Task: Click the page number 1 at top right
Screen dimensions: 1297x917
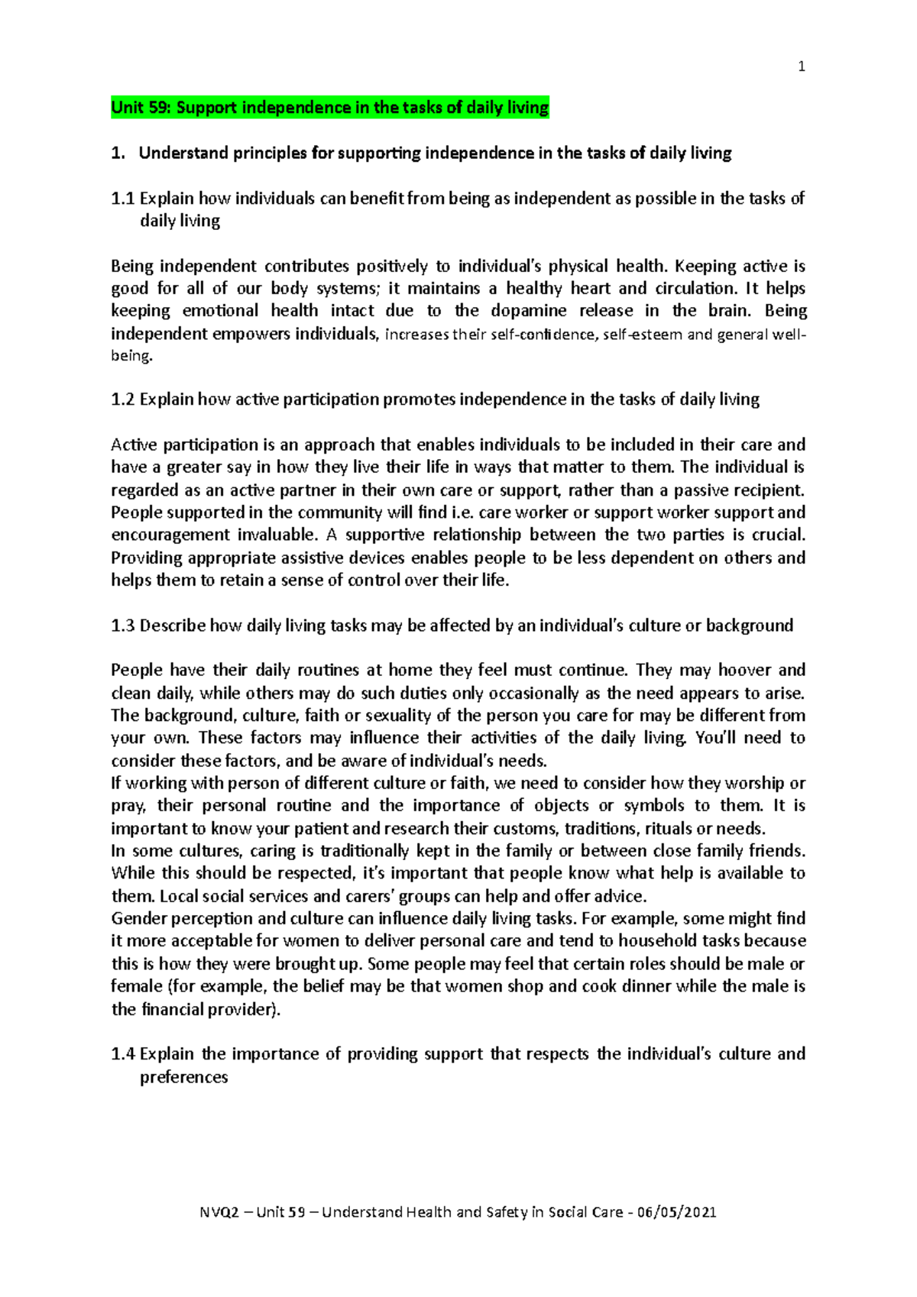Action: pos(801,67)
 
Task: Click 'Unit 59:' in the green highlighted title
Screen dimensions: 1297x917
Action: pos(141,108)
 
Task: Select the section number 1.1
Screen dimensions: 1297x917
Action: pos(122,199)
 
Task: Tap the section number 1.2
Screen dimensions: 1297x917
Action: pos(122,399)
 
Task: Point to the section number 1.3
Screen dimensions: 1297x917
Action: pos(122,626)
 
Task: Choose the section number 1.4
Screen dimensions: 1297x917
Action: pos(122,1054)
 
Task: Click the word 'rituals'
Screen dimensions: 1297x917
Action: pos(669,829)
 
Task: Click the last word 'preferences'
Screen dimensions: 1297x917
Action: pos(183,1077)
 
